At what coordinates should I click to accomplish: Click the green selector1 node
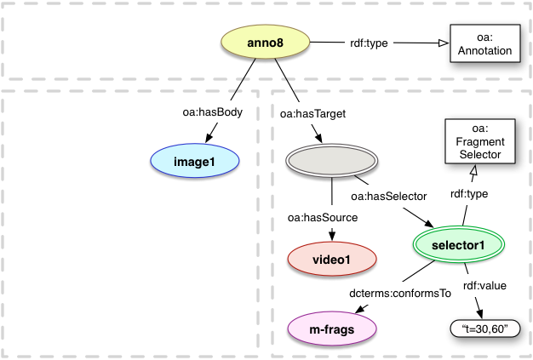458,245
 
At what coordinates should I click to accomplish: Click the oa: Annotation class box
482,44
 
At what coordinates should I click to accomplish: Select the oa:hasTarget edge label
302,112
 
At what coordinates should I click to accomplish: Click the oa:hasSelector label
387,197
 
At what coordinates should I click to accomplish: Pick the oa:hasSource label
322,219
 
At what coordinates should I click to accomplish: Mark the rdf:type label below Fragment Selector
468,194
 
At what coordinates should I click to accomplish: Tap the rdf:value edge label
484,286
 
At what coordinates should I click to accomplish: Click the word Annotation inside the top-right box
482,51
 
